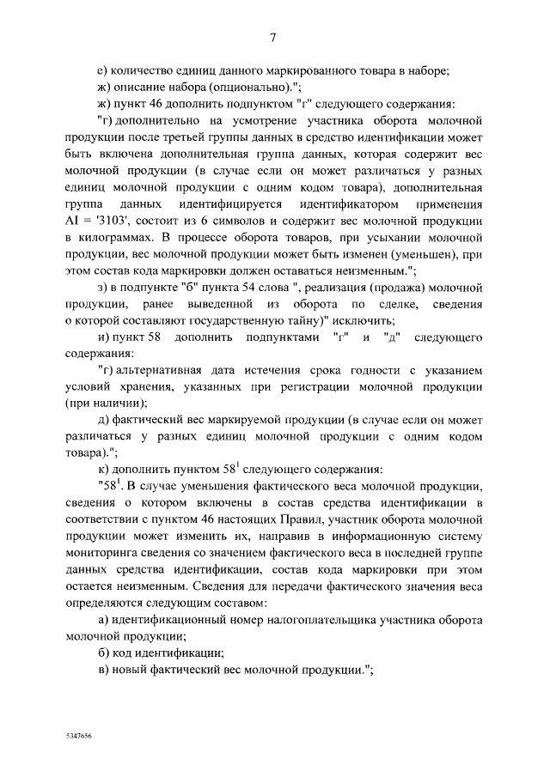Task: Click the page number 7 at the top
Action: pos(274,37)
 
